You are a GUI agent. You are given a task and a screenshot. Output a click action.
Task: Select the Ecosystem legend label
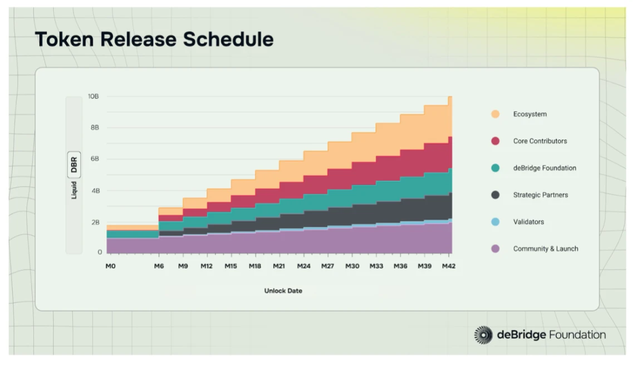pos(530,114)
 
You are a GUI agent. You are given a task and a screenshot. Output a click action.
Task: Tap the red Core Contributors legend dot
pos(495,141)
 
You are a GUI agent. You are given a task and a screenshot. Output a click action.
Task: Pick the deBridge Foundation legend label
pos(545,168)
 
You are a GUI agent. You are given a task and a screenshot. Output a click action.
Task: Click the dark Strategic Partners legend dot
pos(495,195)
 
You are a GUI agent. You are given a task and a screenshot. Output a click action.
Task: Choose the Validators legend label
pos(528,222)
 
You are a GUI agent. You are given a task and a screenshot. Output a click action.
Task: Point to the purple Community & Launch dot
pos(495,249)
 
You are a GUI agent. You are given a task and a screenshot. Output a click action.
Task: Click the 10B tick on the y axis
pos(94,96)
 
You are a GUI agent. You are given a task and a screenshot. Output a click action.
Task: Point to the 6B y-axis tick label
pos(95,159)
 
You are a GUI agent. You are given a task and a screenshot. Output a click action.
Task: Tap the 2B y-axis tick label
pos(95,222)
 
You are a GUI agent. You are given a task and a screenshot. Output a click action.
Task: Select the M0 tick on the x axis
pos(110,266)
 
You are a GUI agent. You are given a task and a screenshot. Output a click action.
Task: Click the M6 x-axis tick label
pos(159,266)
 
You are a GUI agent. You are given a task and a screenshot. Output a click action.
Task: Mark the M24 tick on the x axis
pos(303,266)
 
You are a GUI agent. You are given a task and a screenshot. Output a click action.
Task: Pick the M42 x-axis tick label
pos(448,266)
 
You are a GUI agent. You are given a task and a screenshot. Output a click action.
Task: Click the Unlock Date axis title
pos(283,291)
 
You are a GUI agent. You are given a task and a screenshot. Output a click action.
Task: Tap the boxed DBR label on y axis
pos(74,164)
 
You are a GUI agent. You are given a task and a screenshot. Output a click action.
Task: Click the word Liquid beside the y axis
pos(74,190)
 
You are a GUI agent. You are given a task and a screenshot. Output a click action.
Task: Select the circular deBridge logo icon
pos(483,335)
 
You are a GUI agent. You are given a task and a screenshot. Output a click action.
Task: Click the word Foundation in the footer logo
pos(577,335)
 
